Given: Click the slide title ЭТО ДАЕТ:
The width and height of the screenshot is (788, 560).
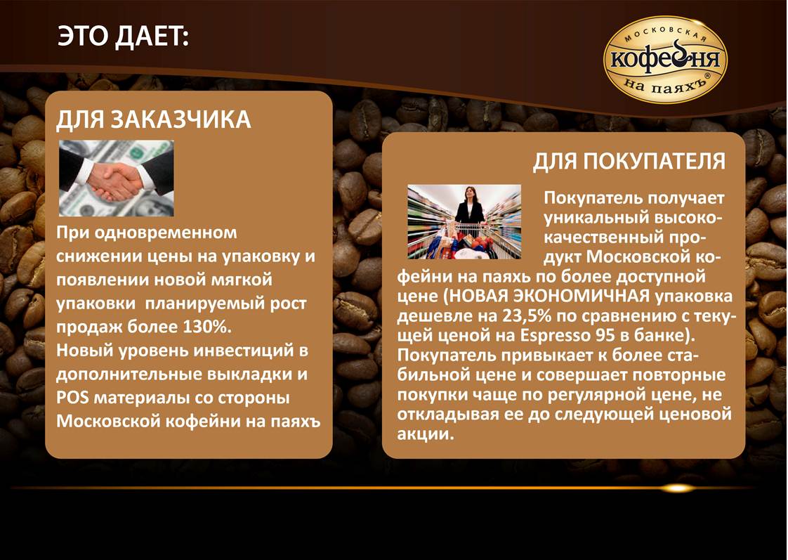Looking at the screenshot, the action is (x=123, y=37).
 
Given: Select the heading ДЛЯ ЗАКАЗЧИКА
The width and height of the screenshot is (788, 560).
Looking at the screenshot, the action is (x=153, y=119).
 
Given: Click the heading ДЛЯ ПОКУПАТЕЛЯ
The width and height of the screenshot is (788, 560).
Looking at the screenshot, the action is (x=629, y=162).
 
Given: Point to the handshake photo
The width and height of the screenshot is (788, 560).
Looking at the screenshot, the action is (x=116, y=178).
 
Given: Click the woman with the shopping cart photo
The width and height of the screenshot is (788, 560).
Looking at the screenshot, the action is (x=464, y=222).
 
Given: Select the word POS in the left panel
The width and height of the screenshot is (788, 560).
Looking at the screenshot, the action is (x=72, y=398).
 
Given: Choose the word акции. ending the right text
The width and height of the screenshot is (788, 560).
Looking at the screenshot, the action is (x=426, y=434).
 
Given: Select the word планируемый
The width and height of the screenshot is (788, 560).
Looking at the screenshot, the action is (x=201, y=304).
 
